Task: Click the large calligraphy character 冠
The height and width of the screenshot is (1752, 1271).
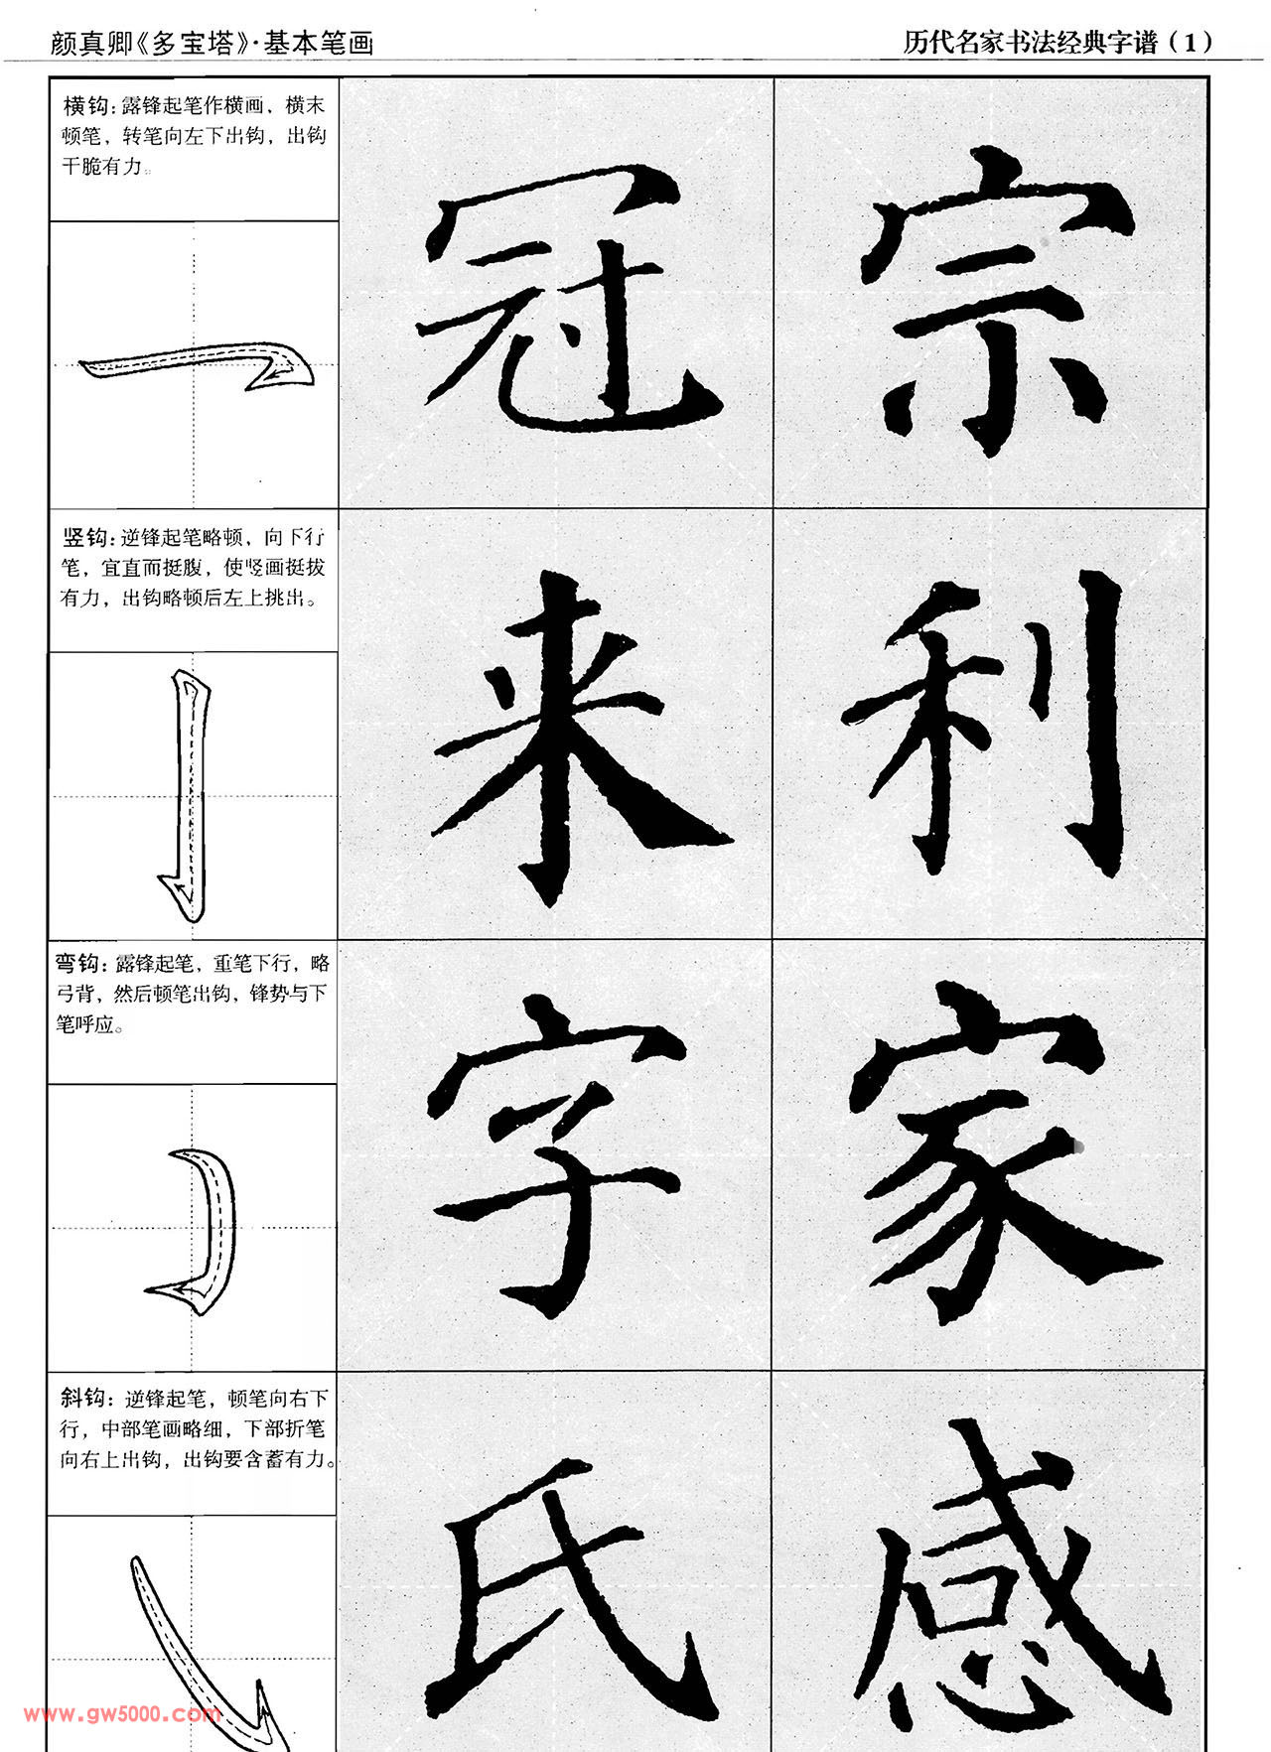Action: (x=571, y=298)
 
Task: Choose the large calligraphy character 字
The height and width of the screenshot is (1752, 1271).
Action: (x=561, y=1156)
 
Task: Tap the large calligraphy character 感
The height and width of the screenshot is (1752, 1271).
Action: (x=1008, y=1578)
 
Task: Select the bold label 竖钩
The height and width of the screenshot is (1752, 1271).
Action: (x=86, y=537)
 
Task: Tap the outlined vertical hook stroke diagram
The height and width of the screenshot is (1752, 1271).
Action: (x=188, y=794)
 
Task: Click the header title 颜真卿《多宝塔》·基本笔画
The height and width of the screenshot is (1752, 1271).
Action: (x=212, y=44)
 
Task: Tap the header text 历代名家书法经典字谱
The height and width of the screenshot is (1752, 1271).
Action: (x=1031, y=42)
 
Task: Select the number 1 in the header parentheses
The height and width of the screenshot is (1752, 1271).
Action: (x=1190, y=42)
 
